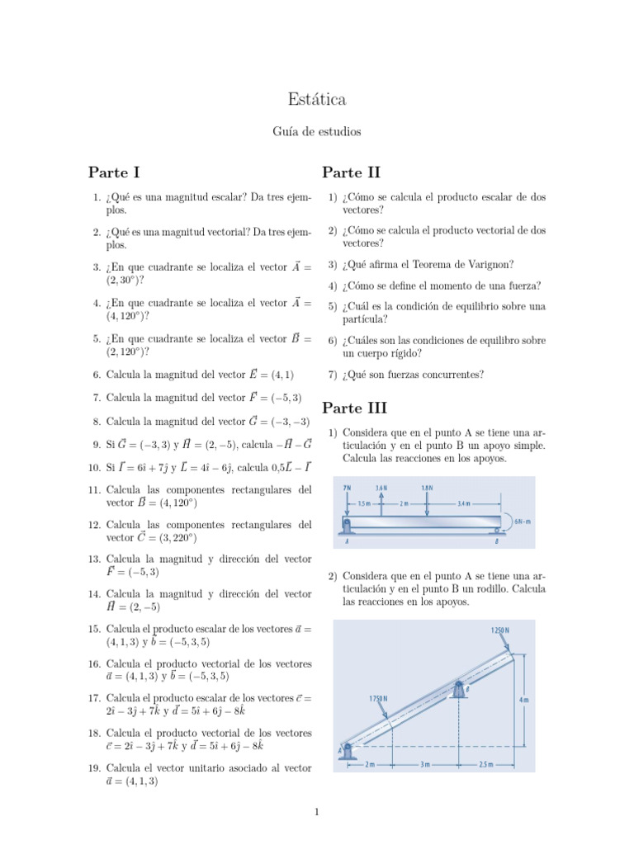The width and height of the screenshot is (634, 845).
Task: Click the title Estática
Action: pyautogui.click(x=317, y=100)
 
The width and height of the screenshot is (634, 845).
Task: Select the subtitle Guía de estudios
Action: pyautogui.click(x=317, y=131)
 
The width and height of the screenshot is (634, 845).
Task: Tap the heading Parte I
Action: pyautogui.click(x=114, y=172)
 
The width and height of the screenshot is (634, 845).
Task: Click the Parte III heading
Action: pyautogui.click(x=354, y=408)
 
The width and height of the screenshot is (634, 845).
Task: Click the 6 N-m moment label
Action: pyautogui.click(x=523, y=521)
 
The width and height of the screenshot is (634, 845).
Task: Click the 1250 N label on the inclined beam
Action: pyautogui.click(x=500, y=630)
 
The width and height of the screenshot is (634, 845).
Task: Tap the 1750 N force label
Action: pyautogui.click(x=378, y=697)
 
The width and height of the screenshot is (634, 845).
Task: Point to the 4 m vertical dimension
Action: pyautogui.click(x=525, y=699)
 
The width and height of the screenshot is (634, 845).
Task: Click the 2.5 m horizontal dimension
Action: pyautogui.click(x=485, y=764)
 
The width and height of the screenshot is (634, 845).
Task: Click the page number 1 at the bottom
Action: pyautogui.click(x=317, y=812)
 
